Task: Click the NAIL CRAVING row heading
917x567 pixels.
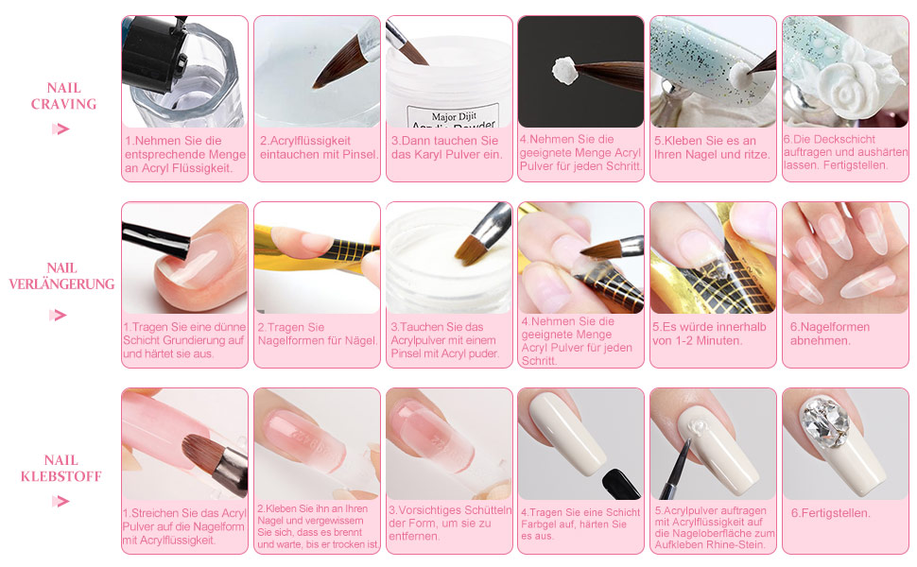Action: (x=63, y=95)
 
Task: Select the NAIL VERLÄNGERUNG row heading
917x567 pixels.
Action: (x=61, y=276)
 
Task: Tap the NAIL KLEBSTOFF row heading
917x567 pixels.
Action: (x=61, y=469)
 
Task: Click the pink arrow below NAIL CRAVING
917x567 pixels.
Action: (x=61, y=129)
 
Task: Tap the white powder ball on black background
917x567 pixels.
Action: (x=565, y=68)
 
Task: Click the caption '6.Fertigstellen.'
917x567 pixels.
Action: (x=831, y=513)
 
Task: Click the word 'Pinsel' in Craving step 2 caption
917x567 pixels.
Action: (x=355, y=154)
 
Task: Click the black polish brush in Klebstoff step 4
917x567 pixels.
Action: (x=619, y=482)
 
